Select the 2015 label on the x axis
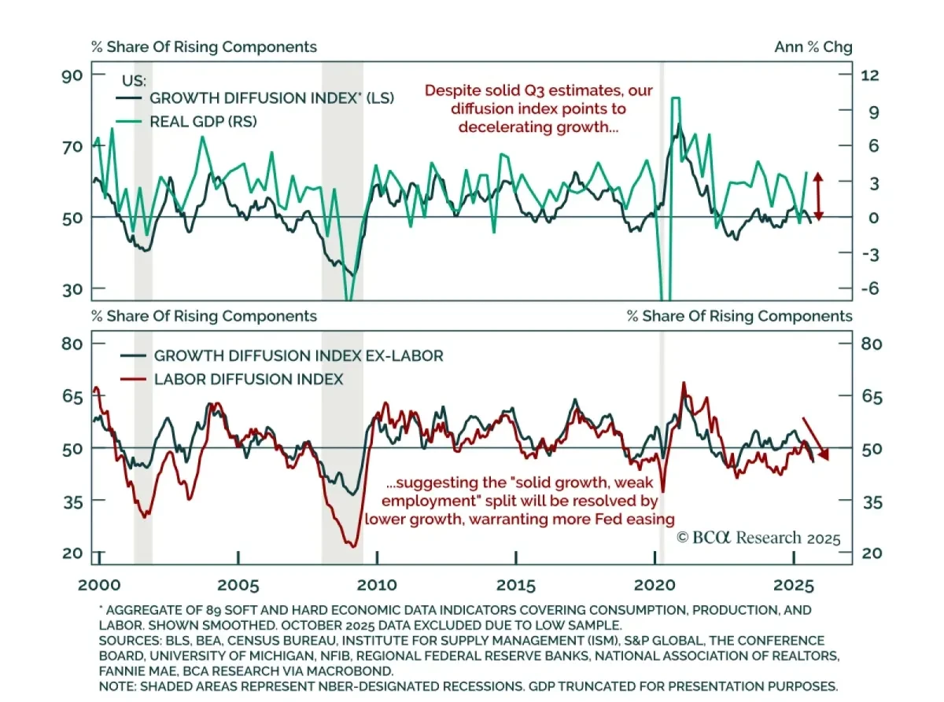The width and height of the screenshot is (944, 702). pos(516,586)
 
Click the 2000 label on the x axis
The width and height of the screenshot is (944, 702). pos(99,586)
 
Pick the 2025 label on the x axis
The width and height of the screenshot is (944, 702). pos(794,586)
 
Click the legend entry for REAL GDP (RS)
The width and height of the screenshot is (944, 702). pos(203,121)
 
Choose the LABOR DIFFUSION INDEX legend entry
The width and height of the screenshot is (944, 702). pos(249,379)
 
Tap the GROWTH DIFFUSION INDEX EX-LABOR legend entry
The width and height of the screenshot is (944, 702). pos(298,355)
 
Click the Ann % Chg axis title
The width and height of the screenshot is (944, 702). pos(813,47)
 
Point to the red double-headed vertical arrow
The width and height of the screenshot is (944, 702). pos(818,196)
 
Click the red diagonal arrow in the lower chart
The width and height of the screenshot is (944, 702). pos(815,438)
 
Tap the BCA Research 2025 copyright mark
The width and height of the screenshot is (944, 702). pos(758,538)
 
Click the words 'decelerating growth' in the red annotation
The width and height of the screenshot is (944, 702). pos(528,127)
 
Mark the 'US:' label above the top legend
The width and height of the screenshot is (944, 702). pos(135,80)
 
